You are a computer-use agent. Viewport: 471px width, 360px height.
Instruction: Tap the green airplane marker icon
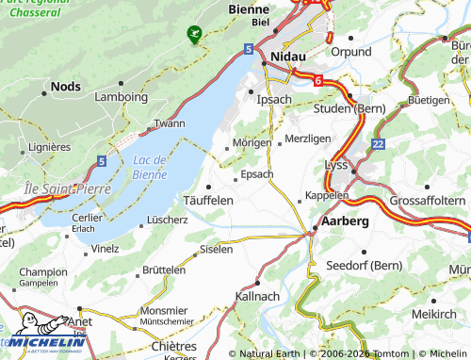click(194, 34)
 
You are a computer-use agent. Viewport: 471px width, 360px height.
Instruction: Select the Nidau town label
click(289, 57)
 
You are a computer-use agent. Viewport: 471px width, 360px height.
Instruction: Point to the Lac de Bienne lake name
click(150, 167)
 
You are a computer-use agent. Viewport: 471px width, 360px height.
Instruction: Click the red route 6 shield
click(318, 82)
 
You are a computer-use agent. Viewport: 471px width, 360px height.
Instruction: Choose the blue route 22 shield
click(378, 143)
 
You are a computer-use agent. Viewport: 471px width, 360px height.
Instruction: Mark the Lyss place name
click(336, 164)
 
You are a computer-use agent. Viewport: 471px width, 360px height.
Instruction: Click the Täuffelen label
click(207, 201)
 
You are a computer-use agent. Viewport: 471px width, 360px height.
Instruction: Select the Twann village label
click(170, 124)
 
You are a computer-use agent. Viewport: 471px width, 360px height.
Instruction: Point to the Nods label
click(65, 85)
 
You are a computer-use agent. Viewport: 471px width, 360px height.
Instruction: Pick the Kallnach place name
click(257, 296)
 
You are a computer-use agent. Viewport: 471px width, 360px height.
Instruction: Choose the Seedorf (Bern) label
click(363, 265)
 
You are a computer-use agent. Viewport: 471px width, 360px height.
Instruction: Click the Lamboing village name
click(122, 96)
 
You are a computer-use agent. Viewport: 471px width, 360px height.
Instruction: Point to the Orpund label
click(351, 52)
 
